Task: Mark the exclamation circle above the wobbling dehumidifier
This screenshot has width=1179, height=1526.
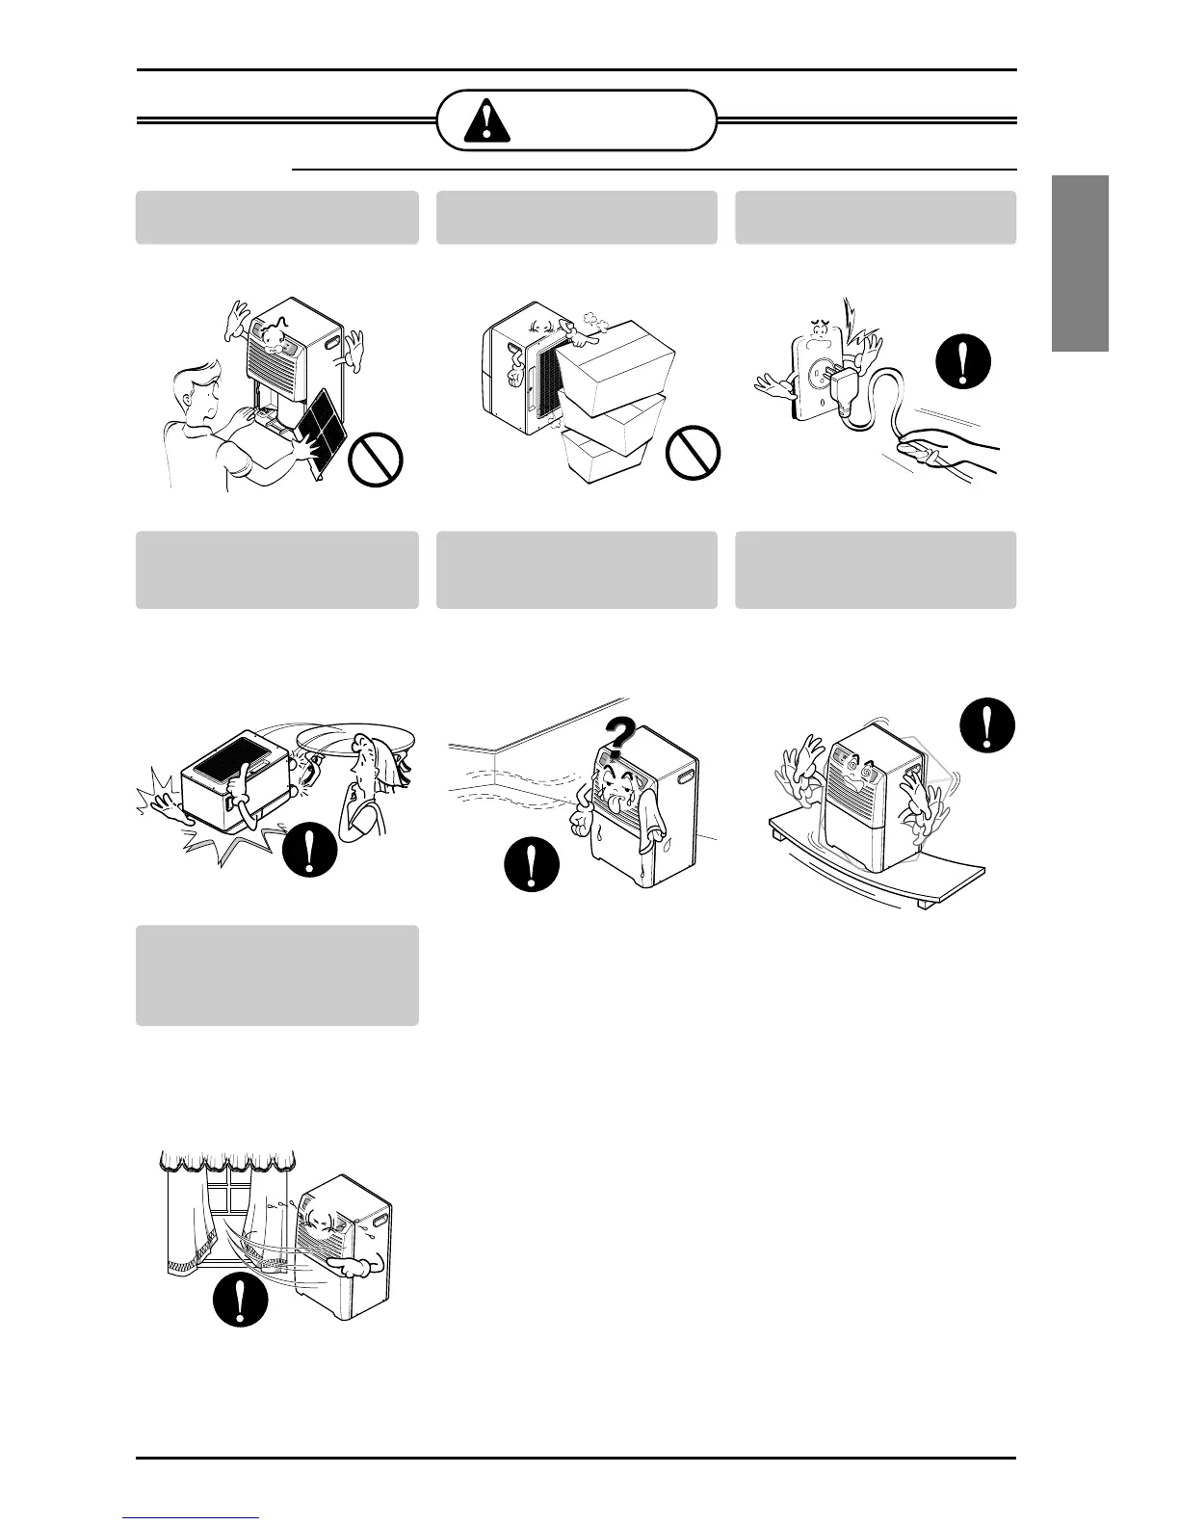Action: pyautogui.click(x=987, y=723)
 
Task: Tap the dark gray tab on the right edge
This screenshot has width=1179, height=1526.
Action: pyautogui.click(x=1080, y=264)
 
